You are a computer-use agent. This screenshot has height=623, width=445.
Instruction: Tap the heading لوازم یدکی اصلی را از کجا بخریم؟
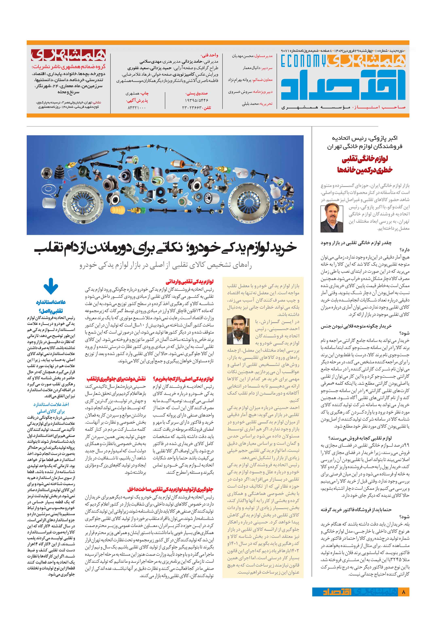point(183,379)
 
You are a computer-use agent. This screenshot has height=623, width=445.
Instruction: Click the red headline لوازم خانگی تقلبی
point(365,159)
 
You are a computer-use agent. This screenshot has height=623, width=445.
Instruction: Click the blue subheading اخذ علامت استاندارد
point(51,404)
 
